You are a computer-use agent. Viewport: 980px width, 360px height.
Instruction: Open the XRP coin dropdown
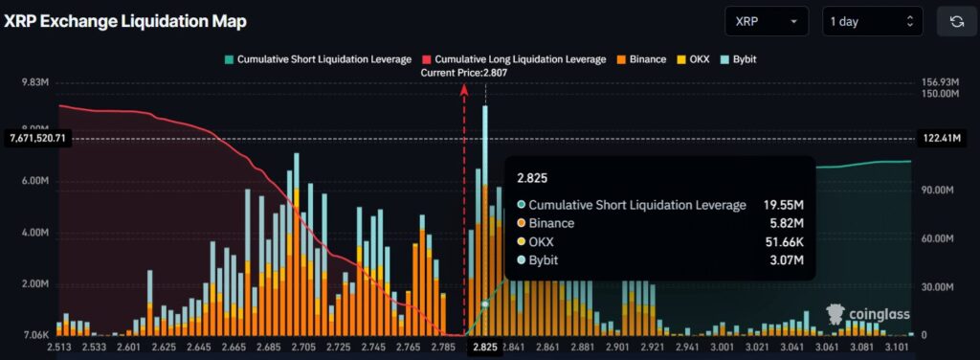[x=767, y=21]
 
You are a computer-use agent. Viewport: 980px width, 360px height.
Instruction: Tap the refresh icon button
[x=955, y=21]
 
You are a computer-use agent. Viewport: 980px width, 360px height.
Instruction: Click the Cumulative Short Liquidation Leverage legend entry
[x=318, y=59]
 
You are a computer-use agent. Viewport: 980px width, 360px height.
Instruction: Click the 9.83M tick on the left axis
[x=35, y=83]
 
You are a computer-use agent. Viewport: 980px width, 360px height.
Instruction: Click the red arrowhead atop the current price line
[x=464, y=89]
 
